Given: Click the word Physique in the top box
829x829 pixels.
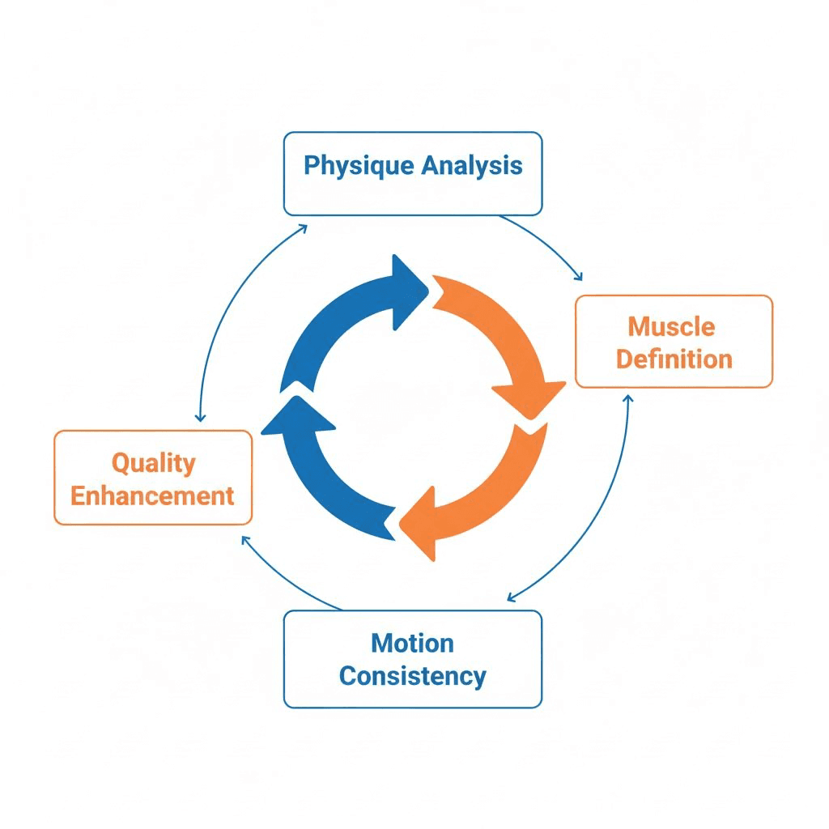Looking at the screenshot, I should click(359, 166).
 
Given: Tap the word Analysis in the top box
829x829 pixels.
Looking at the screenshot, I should click(472, 166).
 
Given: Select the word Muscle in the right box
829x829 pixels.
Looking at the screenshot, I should click(671, 327).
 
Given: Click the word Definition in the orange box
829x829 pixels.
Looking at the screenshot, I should click(674, 359).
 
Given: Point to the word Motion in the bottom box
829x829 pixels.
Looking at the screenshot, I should click(412, 644).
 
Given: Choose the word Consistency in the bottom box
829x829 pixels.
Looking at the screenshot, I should click(412, 676).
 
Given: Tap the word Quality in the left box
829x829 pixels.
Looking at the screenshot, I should click(153, 463).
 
